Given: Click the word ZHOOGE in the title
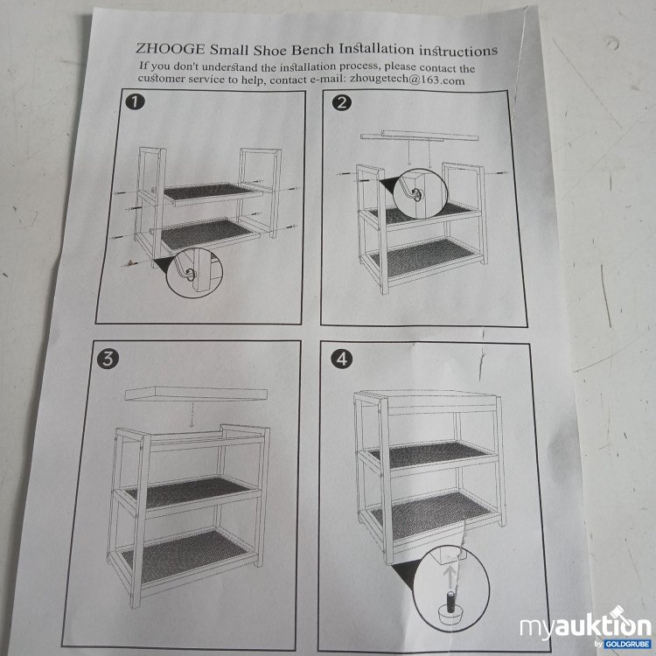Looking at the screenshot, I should (x=171, y=51).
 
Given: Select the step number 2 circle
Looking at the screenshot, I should (x=342, y=103).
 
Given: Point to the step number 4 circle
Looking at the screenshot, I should (x=341, y=359).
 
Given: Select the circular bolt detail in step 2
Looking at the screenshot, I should (x=411, y=189).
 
